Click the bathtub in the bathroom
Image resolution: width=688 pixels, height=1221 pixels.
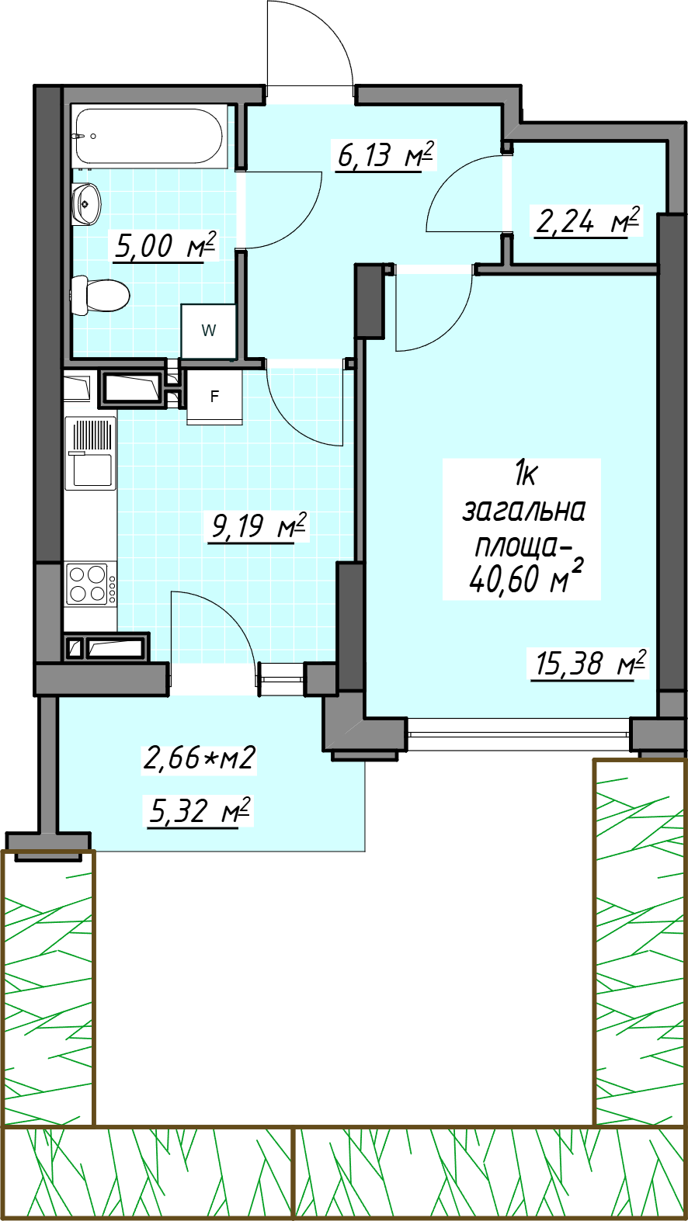point(149,136)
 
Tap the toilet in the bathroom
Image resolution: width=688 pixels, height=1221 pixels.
point(99,294)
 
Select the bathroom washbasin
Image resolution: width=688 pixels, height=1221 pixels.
point(85,203)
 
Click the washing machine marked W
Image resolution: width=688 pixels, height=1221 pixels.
point(209,331)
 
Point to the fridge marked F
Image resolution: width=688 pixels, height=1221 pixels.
point(214,397)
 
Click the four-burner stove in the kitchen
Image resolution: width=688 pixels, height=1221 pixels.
point(91,584)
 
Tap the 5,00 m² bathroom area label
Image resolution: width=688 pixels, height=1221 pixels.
point(165,246)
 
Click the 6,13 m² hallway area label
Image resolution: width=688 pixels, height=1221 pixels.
point(385,155)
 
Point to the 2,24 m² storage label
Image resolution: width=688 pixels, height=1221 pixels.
point(587,221)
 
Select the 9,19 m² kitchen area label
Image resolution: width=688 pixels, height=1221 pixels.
point(259,526)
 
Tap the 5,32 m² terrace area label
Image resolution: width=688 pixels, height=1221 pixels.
point(199,812)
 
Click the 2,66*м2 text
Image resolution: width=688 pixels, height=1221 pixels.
point(199,758)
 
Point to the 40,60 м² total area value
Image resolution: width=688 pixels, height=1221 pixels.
point(524,577)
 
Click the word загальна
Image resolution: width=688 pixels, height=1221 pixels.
point(523,512)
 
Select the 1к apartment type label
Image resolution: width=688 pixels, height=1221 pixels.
point(525,473)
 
